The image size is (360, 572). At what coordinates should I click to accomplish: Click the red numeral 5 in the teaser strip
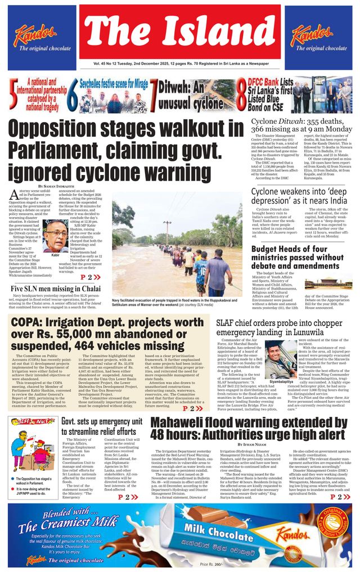tap(12, 94)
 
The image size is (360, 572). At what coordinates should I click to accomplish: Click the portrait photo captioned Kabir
tap(55, 235)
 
